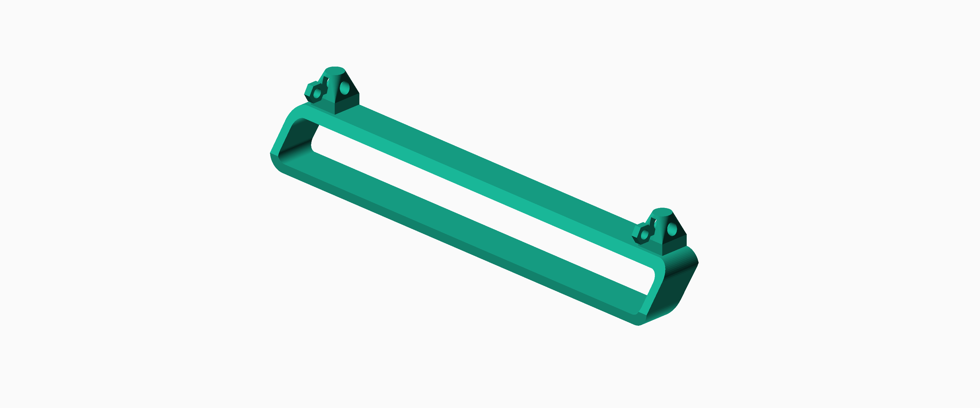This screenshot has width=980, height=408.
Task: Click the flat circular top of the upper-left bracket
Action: (x=335, y=70)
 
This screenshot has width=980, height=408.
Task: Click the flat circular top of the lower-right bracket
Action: (x=662, y=211)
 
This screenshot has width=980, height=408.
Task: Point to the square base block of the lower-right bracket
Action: (x=674, y=245)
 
